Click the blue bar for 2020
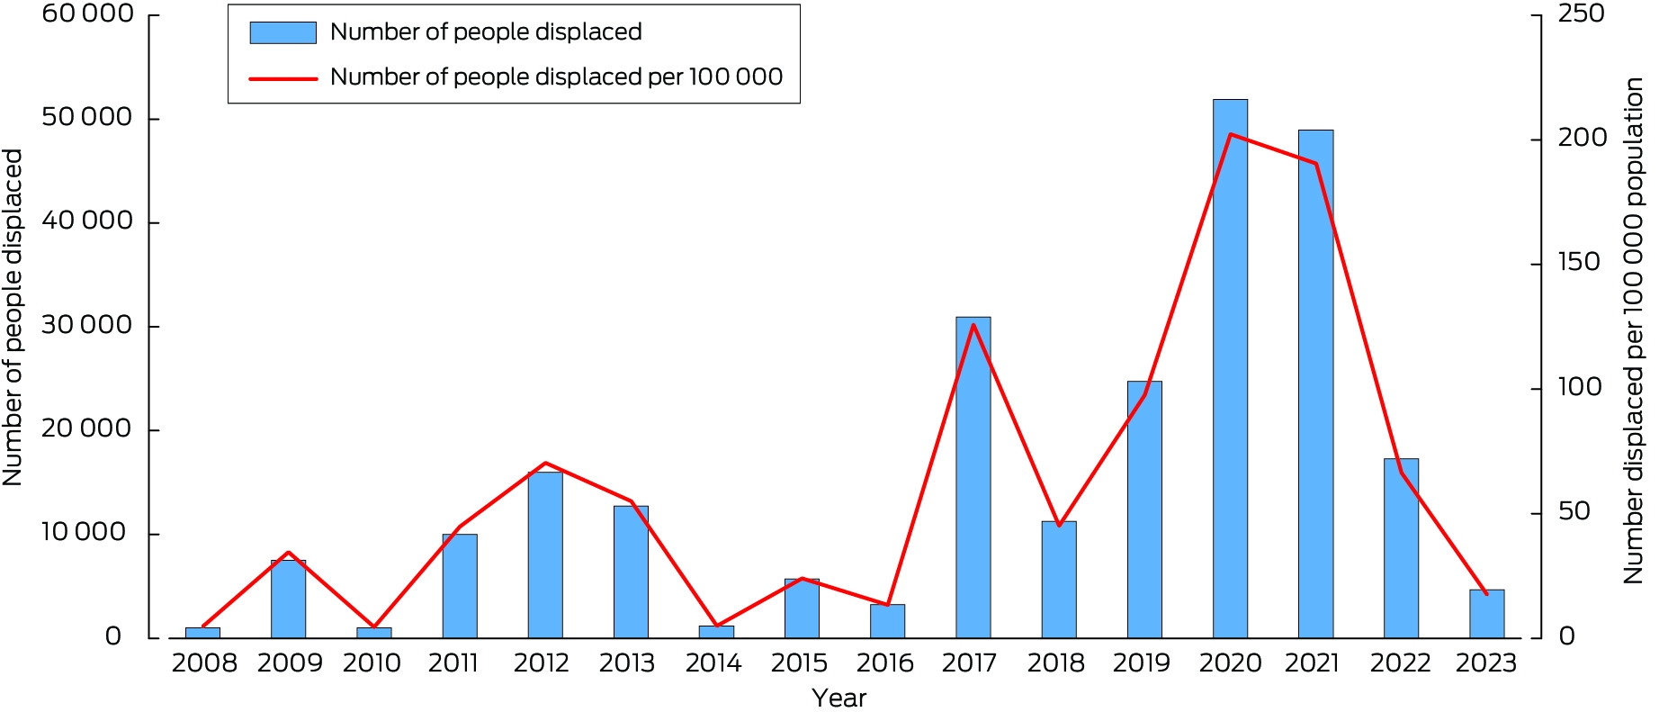point(1230,369)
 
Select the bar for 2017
point(973,477)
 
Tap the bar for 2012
point(545,554)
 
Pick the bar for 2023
point(1486,614)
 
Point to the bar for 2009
point(288,599)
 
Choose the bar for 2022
point(1401,549)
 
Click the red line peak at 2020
point(1230,134)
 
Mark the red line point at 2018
point(1059,525)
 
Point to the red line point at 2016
point(888,604)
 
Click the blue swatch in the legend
point(283,32)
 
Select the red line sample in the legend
point(283,78)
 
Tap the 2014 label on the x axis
point(713,663)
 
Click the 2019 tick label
point(1141,663)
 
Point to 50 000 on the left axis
point(86,118)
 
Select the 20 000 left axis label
point(86,429)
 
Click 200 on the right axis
point(1582,138)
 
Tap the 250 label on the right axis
point(1581,14)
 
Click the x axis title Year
point(839,698)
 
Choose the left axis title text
point(13,318)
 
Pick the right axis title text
point(1634,330)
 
